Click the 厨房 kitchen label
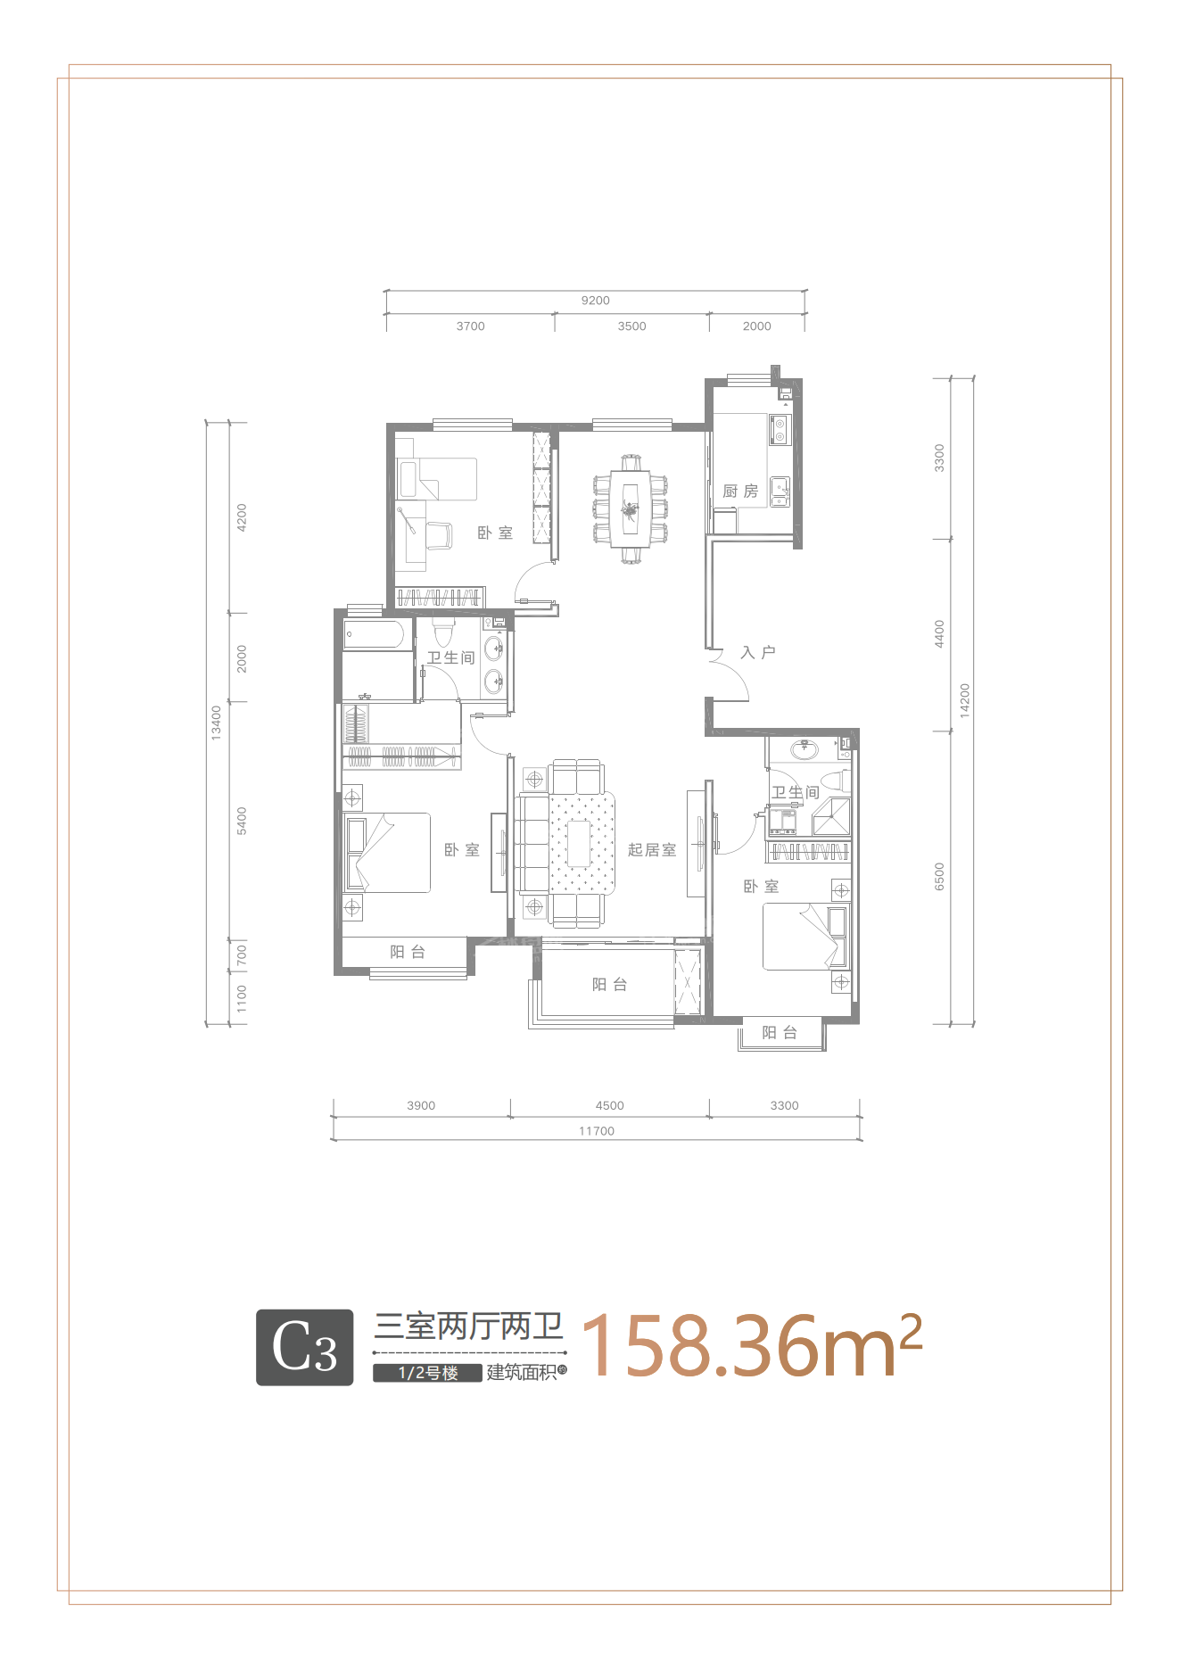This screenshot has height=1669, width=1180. (740, 492)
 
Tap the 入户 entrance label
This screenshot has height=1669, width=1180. (758, 653)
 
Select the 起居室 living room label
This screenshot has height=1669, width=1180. (652, 850)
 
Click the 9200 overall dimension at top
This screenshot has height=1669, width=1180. (596, 301)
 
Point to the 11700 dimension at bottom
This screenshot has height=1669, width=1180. (597, 1131)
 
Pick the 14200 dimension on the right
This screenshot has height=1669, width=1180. (964, 701)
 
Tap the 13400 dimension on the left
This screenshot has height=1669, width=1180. (216, 723)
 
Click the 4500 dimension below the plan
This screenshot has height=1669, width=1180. (610, 1105)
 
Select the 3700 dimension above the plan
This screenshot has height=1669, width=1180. (471, 326)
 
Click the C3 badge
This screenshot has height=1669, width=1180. (305, 1347)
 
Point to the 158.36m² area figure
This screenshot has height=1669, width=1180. (752, 1345)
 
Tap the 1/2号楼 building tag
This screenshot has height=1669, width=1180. (428, 1373)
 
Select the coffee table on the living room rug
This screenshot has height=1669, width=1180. (580, 844)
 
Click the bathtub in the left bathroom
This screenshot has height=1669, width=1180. (374, 636)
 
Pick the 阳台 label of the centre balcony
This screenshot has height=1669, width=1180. (610, 985)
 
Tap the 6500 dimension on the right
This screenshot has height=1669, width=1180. (939, 876)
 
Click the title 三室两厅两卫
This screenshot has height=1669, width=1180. (469, 1326)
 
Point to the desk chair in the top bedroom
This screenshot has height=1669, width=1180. (439, 535)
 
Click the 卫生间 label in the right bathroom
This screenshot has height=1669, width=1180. (796, 792)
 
